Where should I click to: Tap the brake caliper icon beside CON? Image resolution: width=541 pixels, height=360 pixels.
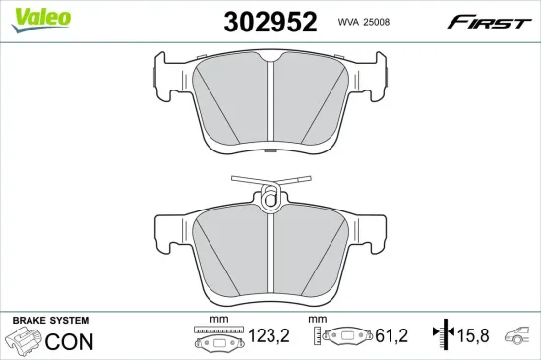pyautogui.click(x=23, y=340)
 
